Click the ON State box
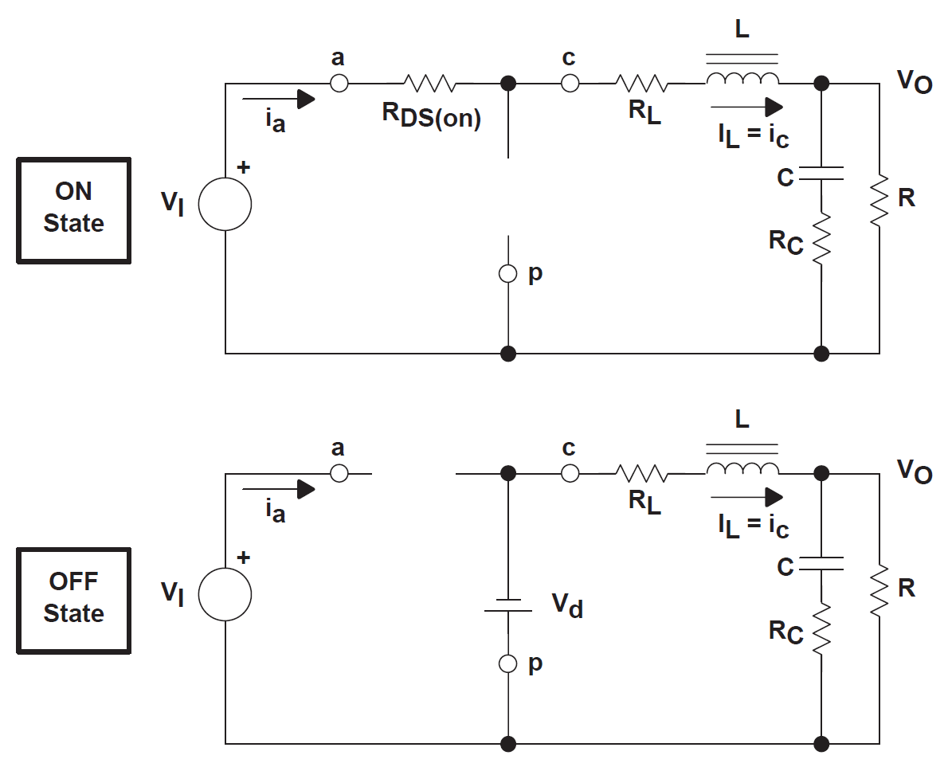point(73,209)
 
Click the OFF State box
point(73,600)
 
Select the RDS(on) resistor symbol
point(429,83)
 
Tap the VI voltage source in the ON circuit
point(225,203)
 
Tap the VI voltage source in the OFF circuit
point(225,593)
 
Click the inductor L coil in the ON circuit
point(742,79)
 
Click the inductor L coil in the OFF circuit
point(742,469)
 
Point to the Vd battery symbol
point(507,605)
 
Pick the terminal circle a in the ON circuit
point(339,83)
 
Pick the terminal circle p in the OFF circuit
point(507,663)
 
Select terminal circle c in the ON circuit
point(570,83)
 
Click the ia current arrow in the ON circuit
point(279,99)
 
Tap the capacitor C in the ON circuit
point(821,174)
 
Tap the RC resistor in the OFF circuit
point(821,629)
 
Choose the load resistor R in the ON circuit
point(879,200)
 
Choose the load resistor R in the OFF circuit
point(879,590)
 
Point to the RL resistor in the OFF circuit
point(641,473)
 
